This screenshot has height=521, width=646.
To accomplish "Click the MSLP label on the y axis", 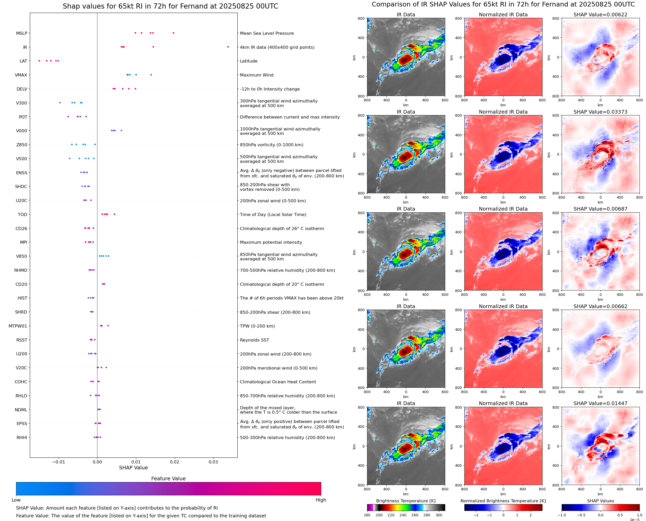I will (x=22, y=33).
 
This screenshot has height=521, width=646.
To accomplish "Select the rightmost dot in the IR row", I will (x=228, y=47).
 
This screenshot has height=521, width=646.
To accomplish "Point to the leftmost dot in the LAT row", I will (x=39, y=61).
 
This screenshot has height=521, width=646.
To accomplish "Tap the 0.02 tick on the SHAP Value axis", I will (x=175, y=462).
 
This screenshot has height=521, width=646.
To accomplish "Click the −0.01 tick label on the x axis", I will (x=59, y=462).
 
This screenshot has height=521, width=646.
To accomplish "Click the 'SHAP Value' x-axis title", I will (x=133, y=468).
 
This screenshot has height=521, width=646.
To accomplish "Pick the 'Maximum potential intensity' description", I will (x=271, y=242).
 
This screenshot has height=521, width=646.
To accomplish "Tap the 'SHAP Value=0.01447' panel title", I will (x=600, y=403).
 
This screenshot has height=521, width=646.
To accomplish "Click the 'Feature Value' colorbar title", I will (x=168, y=478).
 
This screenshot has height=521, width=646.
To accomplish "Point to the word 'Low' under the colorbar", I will (x=16, y=500).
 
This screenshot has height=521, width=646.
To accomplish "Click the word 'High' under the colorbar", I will (x=321, y=500).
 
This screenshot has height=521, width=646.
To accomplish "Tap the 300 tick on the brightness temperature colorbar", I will (x=439, y=515).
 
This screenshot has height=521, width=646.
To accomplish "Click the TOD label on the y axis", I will (x=23, y=214).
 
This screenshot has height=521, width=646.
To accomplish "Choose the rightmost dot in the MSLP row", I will (x=173, y=33).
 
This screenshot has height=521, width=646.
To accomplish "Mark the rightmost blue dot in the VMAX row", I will (x=151, y=75).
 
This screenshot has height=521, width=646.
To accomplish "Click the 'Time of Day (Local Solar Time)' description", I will (x=273, y=214).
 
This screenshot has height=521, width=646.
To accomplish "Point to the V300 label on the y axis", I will (x=22, y=103).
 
